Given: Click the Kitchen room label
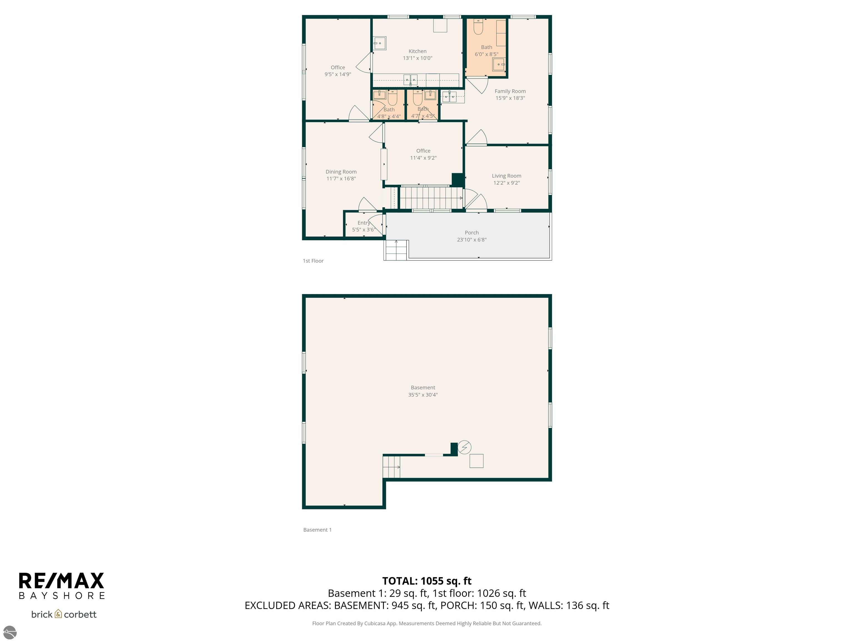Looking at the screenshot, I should coord(417,51).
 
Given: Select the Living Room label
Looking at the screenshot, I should coord(506,176).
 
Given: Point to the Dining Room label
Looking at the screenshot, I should coord(341,172).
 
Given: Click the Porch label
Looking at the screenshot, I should coord(471,233).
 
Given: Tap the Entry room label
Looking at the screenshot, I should coord(363,223).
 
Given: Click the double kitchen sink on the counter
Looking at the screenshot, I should coord(410,80).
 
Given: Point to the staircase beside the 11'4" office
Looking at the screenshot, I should coord(430,198).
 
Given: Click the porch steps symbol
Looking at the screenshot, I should coord(396,250).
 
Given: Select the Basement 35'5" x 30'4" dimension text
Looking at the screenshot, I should coord(423,395).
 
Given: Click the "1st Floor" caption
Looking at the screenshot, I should coord(313,261).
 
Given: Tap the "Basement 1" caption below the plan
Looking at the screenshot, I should coord(317,530).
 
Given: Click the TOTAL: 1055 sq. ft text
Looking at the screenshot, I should coord(427,581).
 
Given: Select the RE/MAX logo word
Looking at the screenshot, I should coord(61,581).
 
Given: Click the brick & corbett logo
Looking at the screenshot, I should coord(64,614).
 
